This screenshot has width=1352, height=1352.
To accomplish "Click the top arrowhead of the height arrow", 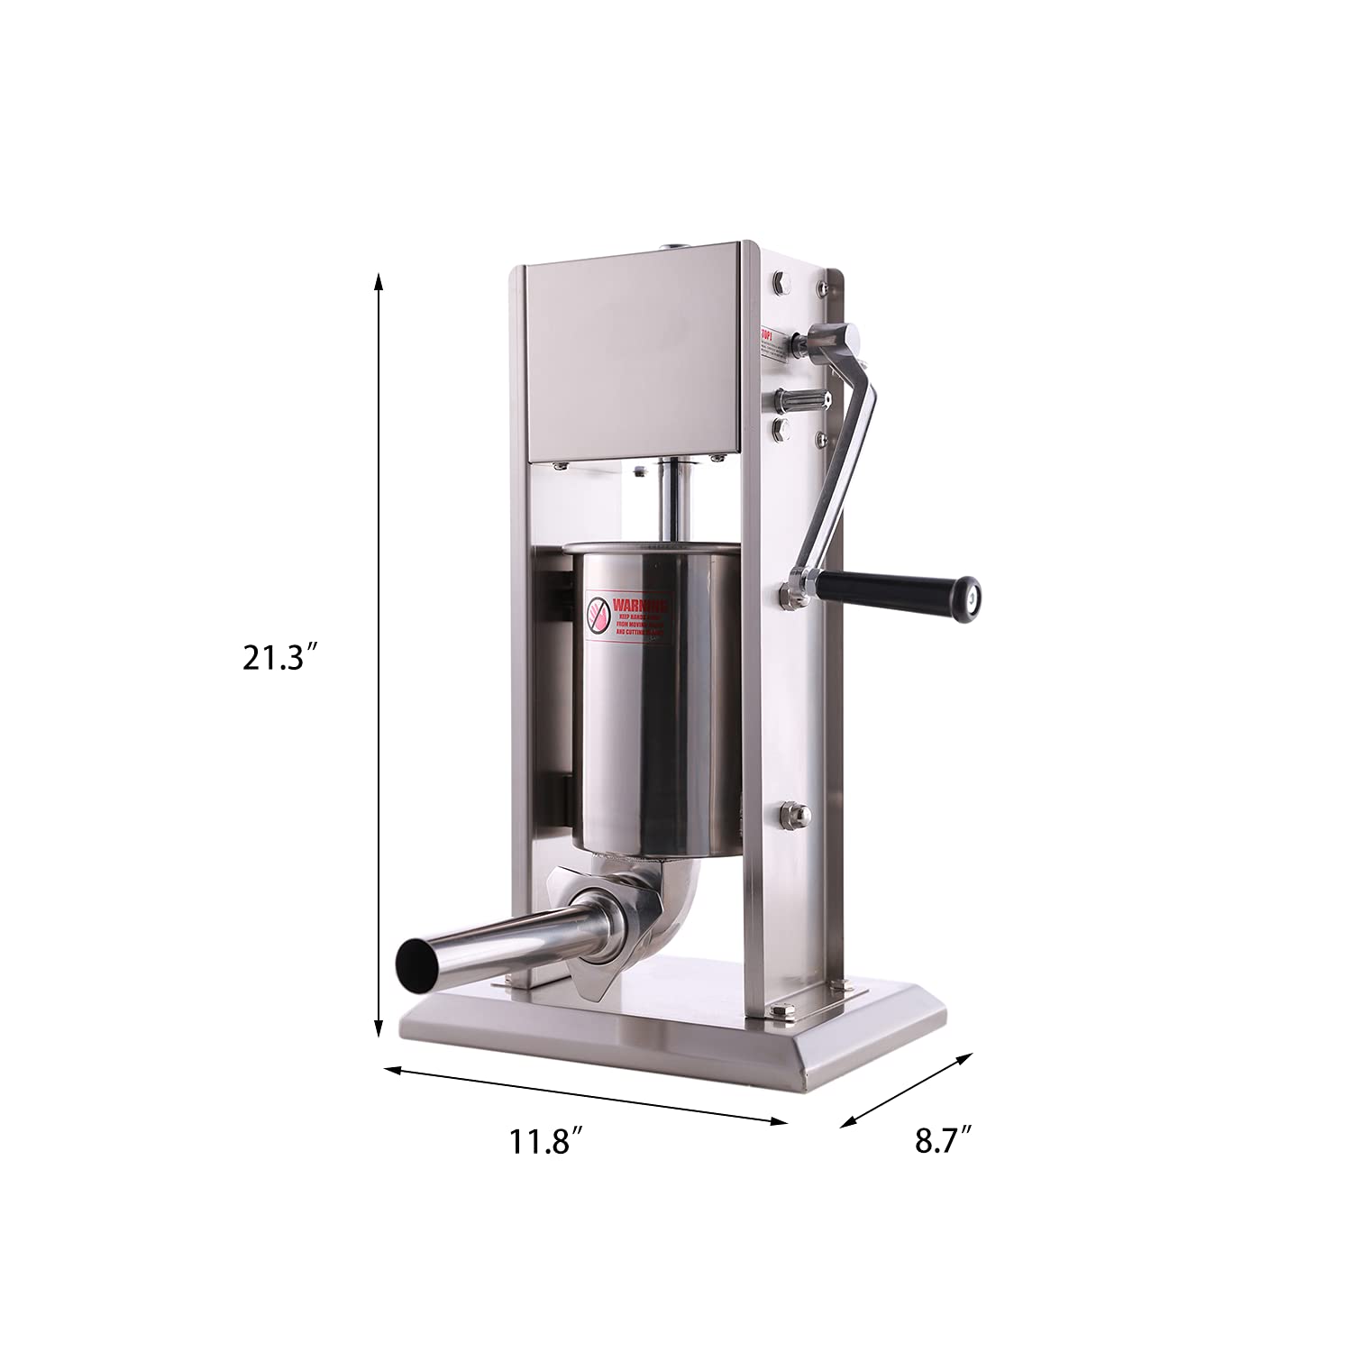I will click(379, 280).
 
